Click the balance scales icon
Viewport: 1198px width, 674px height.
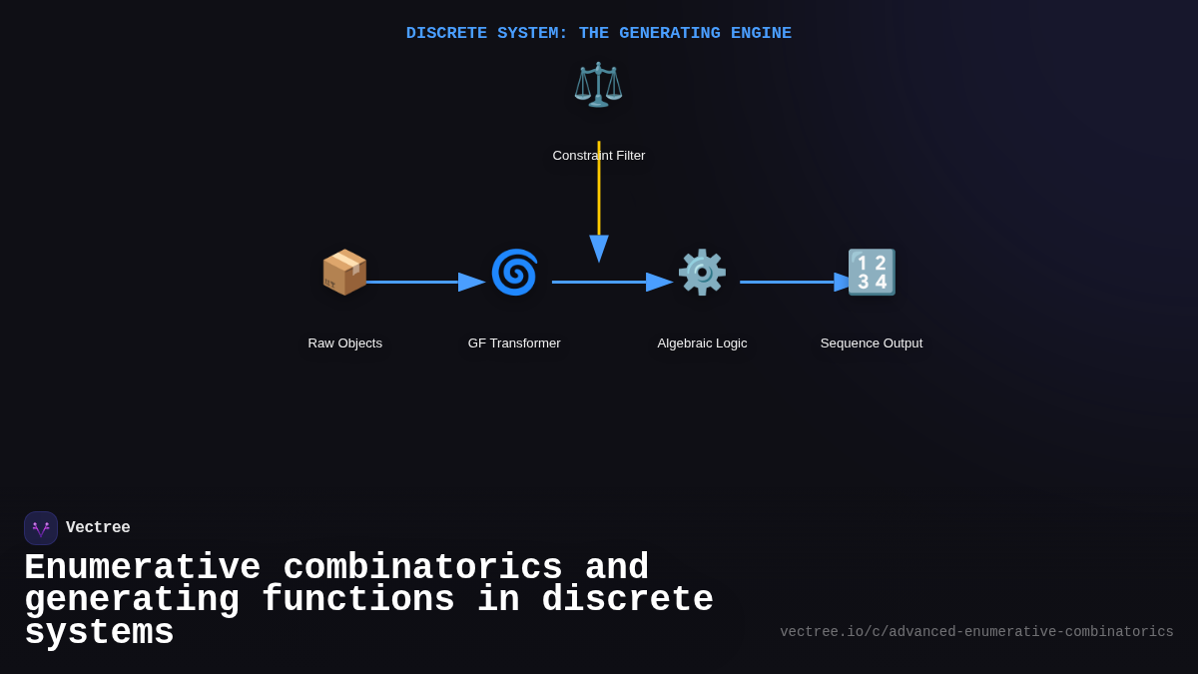598,85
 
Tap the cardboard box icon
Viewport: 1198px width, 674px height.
344,272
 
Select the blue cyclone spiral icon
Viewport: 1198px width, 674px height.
514,272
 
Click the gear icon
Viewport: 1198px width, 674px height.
702,272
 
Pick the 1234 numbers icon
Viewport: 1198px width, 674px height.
872,272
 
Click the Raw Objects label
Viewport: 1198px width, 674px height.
345,343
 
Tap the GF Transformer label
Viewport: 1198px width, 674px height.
514,343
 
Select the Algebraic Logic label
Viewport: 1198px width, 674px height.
702,343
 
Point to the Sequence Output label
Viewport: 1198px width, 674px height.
872,343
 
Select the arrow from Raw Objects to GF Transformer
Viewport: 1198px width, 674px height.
419,282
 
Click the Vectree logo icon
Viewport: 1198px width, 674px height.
41,528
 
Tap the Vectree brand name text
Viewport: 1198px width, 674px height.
98,528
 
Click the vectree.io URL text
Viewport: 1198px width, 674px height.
976,632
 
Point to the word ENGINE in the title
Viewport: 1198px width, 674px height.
761,33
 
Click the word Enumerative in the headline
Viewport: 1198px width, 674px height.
142,568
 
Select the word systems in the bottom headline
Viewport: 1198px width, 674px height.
99,633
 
